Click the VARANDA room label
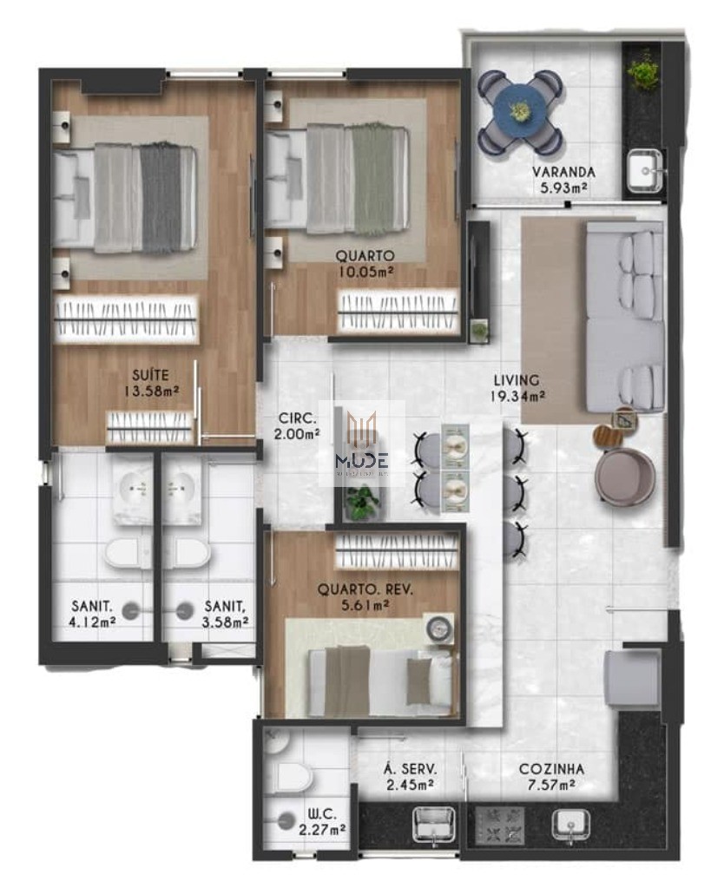pyautogui.click(x=563, y=171)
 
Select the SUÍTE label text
pyautogui.click(x=151, y=375)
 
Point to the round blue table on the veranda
pyautogui.click(x=520, y=110)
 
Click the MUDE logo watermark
pyautogui.click(x=362, y=444)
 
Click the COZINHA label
pyautogui.click(x=550, y=769)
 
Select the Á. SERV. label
pyautogui.click(x=409, y=769)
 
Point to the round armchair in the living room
pyautogui.click(x=624, y=477)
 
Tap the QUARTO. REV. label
pyautogui.click(x=365, y=589)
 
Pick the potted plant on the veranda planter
pyautogui.click(x=643, y=70)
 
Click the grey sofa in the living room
pyautogui.click(x=624, y=316)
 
